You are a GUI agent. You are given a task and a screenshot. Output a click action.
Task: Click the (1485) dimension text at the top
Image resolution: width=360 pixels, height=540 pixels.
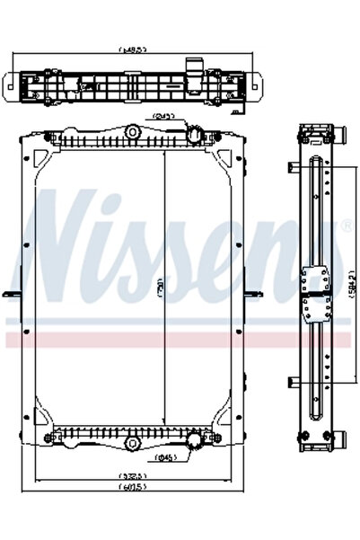point(132,50)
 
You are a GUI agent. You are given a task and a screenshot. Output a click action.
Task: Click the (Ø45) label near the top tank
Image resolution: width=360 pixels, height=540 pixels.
point(164,115)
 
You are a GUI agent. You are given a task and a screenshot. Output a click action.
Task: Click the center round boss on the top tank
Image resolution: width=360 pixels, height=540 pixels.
point(132,132)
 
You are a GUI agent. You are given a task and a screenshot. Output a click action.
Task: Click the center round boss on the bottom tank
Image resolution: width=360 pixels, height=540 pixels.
point(132,444)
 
